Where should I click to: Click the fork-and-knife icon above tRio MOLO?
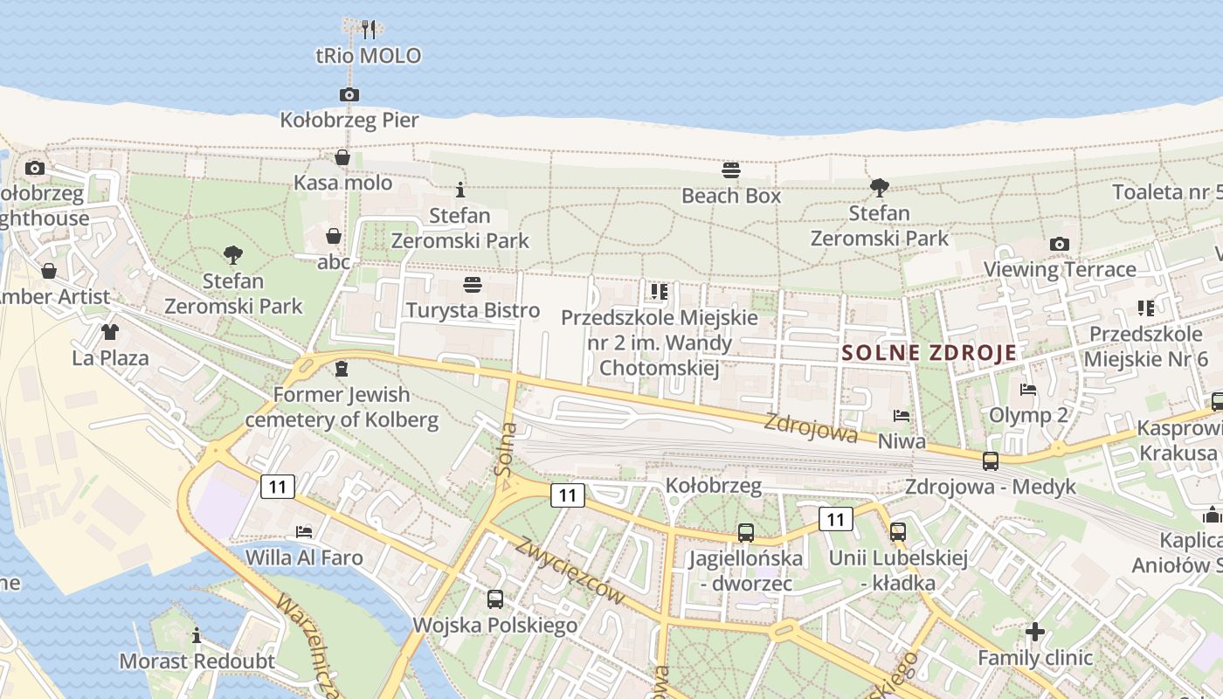[369, 30]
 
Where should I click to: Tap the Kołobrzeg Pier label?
[349, 120]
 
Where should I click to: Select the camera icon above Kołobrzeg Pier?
[349, 94]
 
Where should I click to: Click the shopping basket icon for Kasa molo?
[342, 157]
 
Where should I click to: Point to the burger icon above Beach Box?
[731, 170]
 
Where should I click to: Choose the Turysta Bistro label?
[473, 310]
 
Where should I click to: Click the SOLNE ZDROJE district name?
[929, 353]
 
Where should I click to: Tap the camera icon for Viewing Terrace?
[1060, 244]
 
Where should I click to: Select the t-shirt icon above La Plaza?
[110, 332]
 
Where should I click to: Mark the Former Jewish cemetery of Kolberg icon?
[342, 369]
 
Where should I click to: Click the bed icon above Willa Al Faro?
[304, 531]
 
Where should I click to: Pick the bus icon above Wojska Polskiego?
[495, 599]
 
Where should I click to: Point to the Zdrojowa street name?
[811, 427]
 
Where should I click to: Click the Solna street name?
[505, 451]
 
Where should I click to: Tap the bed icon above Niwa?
[902, 416]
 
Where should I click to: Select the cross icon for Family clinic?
[1035, 631]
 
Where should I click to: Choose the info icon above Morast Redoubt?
[197, 635]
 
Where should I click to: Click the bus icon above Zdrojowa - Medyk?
[991, 461]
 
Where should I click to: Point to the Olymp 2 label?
[1028, 414]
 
